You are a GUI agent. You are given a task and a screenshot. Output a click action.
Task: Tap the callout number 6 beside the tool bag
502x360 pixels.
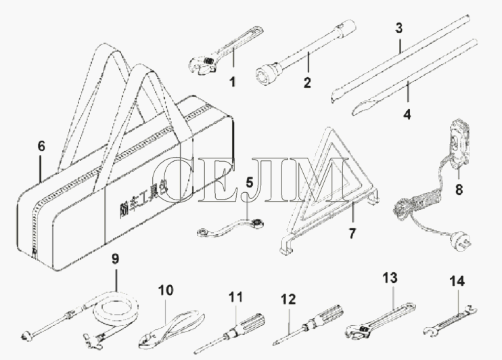(x=41, y=145)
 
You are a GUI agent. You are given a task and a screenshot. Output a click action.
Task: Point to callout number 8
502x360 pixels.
(x=458, y=191)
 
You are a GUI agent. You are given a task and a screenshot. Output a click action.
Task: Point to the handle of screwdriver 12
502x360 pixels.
(x=329, y=313)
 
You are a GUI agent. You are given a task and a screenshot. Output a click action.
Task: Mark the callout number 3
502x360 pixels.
(x=399, y=28)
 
